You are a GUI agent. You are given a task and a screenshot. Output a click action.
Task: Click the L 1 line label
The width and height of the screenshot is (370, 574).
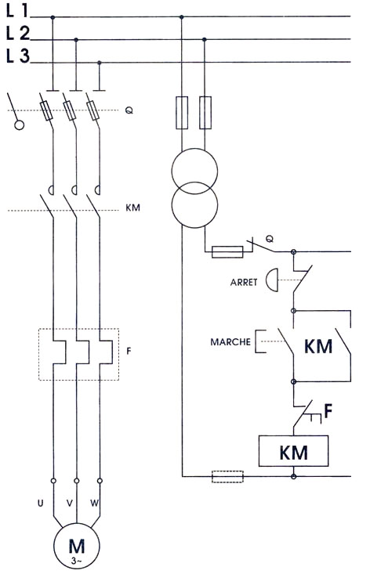[16, 11]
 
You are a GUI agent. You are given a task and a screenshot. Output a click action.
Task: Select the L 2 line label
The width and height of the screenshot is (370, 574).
[17, 34]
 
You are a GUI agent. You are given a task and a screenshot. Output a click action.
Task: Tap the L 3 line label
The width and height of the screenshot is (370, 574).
[17, 56]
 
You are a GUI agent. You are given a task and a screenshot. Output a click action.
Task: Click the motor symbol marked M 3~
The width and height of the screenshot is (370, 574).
[77, 547]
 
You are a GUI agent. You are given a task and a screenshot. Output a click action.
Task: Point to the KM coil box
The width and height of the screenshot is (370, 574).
[293, 451]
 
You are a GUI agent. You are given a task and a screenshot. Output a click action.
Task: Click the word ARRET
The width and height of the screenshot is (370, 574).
[244, 282]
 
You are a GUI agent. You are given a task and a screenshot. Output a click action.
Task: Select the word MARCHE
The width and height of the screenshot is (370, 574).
[230, 342]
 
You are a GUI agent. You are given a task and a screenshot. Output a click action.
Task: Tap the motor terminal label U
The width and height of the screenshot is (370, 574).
[40, 504]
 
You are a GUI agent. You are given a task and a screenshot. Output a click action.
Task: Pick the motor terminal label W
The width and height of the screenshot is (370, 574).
[95, 504]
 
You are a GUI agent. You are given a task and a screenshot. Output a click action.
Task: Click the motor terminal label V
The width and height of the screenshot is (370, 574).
[70, 504]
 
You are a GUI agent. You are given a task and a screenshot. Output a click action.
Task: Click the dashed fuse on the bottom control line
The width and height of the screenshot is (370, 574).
[227, 477]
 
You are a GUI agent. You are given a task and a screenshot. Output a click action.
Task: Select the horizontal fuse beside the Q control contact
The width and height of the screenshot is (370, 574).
[227, 252]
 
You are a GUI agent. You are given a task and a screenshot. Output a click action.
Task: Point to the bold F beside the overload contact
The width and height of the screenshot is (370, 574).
[328, 411]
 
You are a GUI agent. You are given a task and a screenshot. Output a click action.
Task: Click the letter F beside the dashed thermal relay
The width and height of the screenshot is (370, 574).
[129, 351]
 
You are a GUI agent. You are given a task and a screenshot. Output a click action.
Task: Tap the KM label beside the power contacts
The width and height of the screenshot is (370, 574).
[132, 208]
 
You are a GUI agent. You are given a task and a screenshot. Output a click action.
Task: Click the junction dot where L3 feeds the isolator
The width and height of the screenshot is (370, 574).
[100, 63]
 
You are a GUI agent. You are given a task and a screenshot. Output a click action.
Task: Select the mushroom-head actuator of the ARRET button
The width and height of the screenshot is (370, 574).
[272, 280]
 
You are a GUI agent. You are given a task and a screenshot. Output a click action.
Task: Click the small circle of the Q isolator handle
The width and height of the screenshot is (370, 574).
[19, 125]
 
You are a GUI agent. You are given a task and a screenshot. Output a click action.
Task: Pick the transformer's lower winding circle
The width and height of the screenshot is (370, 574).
[195, 205]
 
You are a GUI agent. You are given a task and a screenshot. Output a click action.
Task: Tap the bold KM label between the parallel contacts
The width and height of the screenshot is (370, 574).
[318, 346]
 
